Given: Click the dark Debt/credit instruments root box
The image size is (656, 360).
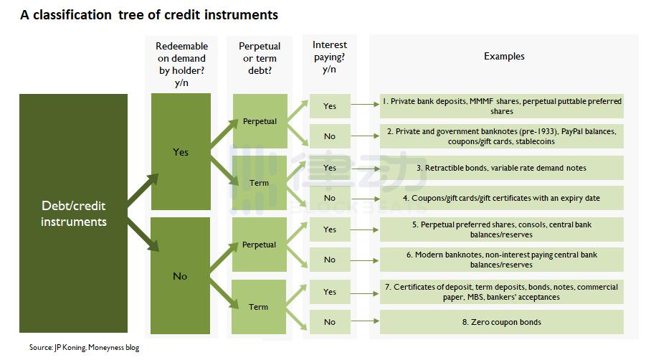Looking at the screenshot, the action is tap(73, 213).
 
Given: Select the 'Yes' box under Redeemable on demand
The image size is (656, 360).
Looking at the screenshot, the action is tap(181, 151).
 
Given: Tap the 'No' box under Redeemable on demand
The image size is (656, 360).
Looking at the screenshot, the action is tap(181, 275).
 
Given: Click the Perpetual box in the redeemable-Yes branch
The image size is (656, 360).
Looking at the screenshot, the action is tap(260, 121).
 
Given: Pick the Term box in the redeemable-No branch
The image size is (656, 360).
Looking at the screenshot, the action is tap(259, 307).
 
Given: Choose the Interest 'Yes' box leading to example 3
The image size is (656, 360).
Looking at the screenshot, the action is tap(330, 168).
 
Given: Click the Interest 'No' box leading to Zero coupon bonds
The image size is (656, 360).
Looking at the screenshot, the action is tap(330, 322).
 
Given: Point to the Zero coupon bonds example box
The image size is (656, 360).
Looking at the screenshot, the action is tap(502, 322).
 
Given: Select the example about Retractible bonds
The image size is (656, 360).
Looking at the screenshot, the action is tap(502, 168).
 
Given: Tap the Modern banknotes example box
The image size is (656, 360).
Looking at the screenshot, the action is tap(502, 260).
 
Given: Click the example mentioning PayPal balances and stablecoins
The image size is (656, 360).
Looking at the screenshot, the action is tap(502, 136).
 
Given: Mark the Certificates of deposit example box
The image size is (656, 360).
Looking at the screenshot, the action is tap(502, 292).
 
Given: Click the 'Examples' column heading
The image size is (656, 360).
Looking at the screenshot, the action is tap(504, 56).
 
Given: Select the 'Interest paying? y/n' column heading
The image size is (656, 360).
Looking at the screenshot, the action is tap(330, 57).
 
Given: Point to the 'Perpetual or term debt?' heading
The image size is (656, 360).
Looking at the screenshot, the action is tap(260, 58).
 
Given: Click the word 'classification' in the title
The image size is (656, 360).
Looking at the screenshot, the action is tap(72, 14).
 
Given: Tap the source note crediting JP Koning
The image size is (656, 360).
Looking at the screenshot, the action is tap(84, 347).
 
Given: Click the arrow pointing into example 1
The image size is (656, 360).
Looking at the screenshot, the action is tap(365, 104).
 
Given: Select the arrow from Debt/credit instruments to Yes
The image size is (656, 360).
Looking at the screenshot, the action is tap(143, 191).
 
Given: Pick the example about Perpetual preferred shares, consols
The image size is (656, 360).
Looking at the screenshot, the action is tap(502, 229).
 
